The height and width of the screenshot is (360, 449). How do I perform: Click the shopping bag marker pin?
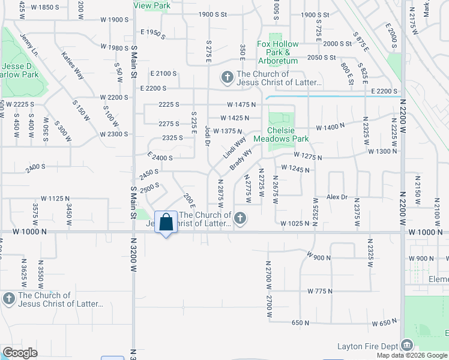coord(166,223)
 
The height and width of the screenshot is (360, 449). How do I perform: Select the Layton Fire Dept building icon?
coord(407,346)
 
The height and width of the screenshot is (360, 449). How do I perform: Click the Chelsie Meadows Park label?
coord(281,133)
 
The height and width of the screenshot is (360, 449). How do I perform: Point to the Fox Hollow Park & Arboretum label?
coord(277,52)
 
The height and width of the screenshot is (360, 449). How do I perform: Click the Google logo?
coord(20,353)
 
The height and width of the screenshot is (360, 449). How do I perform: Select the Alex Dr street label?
coord(337,197)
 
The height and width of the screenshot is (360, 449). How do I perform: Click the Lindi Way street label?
coord(235,148)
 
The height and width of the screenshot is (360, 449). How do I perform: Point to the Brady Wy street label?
coord(240,159)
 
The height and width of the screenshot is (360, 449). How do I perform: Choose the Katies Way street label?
coord(71,65)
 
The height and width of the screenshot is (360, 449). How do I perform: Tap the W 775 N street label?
coord(320,291)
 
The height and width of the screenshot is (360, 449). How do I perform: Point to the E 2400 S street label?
coord(160,158)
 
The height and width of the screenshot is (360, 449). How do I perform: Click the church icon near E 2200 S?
coord(227,77)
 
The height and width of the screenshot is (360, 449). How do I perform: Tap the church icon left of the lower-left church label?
coord(8,299)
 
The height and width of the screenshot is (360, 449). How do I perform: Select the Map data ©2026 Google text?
coord(412,355)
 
